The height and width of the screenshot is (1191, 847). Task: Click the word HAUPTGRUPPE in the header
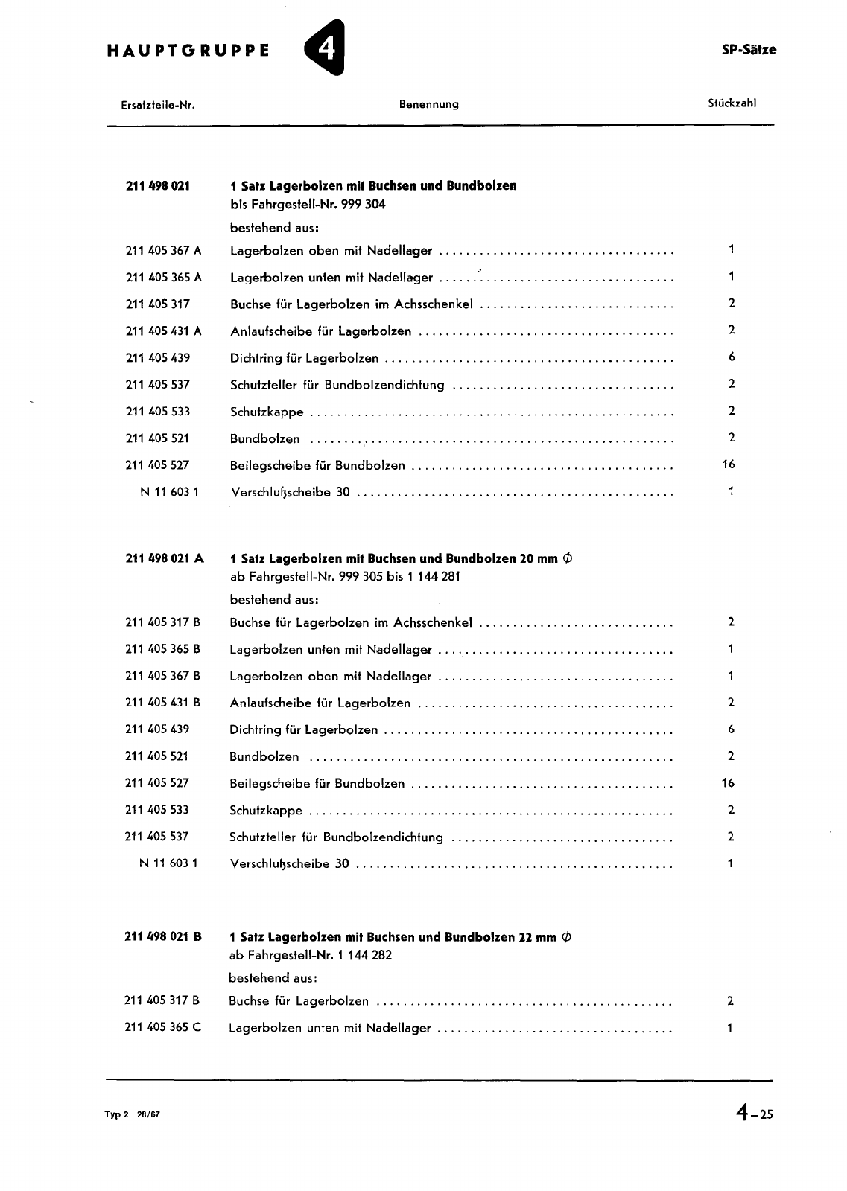pyautogui.click(x=188, y=51)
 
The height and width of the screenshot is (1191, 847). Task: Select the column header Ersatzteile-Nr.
pyautogui.click(x=157, y=105)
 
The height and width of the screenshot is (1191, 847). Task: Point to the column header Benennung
pyautogui.click(x=428, y=104)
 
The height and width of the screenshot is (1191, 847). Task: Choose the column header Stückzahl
pyautogui.click(x=732, y=103)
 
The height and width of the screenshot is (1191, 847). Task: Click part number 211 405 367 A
pyautogui.click(x=163, y=250)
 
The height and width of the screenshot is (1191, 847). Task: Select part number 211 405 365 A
pyautogui.click(x=163, y=277)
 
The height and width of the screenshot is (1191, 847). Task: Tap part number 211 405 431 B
pyautogui.click(x=162, y=702)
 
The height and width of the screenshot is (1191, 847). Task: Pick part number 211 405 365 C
pyautogui.click(x=162, y=1027)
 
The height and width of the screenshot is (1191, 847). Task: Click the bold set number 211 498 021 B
pyautogui.click(x=162, y=936)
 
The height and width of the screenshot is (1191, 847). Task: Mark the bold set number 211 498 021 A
pyautogui.click(x=164, y=558)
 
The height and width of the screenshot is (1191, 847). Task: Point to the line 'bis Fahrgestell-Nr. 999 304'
pyautogui.click(x=308, y=204)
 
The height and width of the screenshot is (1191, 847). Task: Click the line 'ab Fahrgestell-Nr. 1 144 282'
pyautogui.click(x=310, y=955)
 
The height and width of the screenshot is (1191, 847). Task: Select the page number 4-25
pyautogui.click(x=754, y=1114)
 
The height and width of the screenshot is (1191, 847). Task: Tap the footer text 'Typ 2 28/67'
pyautogui.click(x=132, y=1114)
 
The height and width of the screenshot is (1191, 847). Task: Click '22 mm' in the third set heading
pyautogui.click(x=537, y=937)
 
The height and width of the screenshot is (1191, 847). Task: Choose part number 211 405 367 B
pyautogui.click(x=162, y=675)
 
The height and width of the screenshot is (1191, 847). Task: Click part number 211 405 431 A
pyautogui.click(x=163, y=331)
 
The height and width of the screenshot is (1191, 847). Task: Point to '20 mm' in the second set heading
pyautogui.click(x=538, y=558)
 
